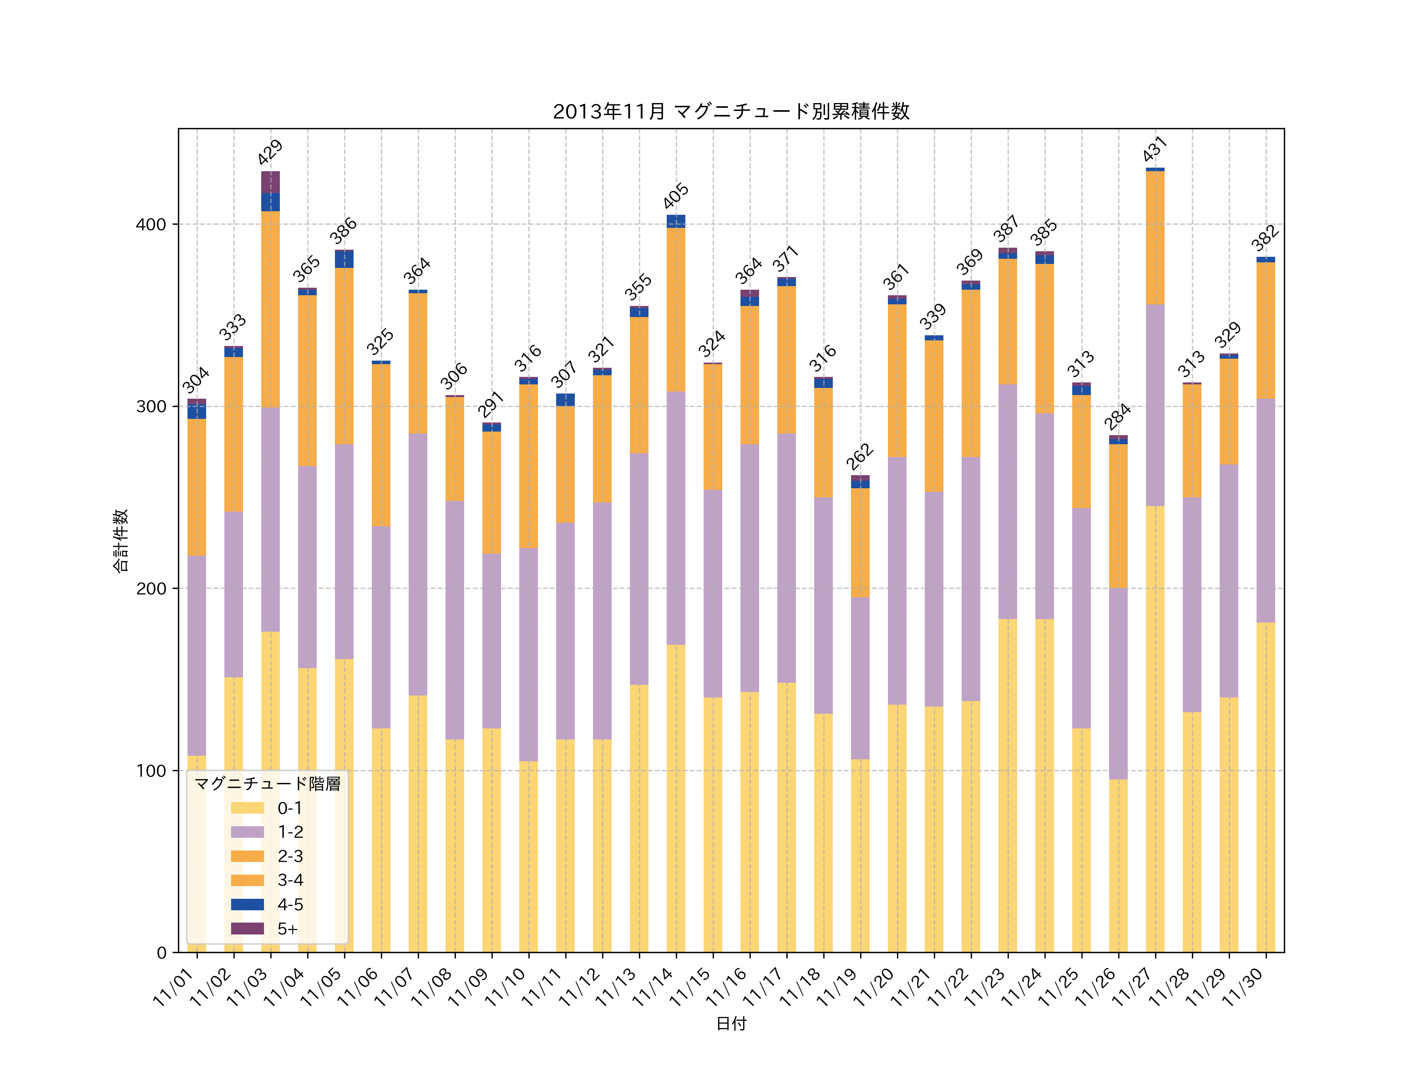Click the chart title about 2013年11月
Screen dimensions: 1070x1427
(x=731, y=112)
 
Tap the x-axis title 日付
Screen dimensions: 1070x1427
(x=731, y=1024)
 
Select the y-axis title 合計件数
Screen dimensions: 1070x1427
(x=121, y=541)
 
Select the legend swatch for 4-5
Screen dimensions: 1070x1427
(x=247, y=904)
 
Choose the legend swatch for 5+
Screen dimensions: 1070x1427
(x=247, y=929)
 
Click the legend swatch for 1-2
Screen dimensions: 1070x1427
(x=247, y=832)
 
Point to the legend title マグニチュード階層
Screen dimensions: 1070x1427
(x=267, y=783)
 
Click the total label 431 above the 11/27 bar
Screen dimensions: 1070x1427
(x=1155, y=149)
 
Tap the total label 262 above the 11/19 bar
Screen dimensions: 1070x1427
(x=860, y=457)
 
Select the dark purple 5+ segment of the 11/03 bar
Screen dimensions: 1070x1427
(x=270, y=182)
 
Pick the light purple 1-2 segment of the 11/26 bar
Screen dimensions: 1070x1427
(x=1118, y=684)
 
